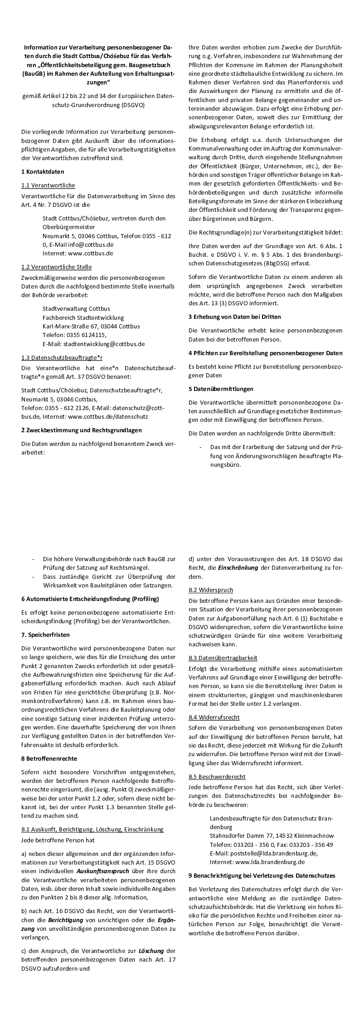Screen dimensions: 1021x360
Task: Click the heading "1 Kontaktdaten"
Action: [x=43, y=172]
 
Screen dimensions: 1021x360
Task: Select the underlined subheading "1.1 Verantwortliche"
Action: [x=48, y=186]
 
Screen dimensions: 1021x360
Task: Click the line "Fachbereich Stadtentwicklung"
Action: [x=83, y=318]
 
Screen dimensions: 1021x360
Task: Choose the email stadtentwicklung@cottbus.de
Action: [x=104, y=344]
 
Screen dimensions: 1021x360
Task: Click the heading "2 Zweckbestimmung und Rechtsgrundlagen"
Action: [x=81, y=430]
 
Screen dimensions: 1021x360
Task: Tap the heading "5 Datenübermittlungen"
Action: [x=221, y=389]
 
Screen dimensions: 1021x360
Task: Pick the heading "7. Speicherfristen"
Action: [x=45, y=635]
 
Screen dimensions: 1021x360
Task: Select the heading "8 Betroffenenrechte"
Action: [x=49, y=758]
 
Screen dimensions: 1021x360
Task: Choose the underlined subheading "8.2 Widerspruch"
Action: [x=211, y=590]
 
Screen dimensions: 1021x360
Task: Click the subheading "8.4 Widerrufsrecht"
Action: [x=214, y=717]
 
